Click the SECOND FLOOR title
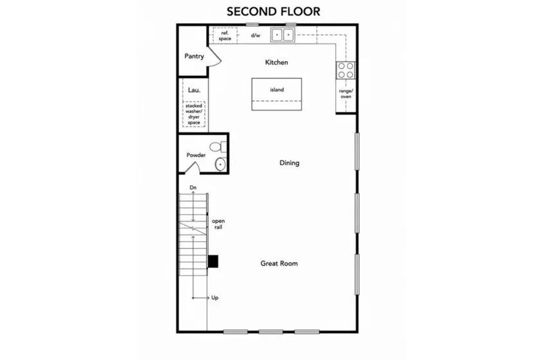[x=273, y=12]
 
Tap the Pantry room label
[x=194, y=56]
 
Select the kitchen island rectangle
[x=276, y=94]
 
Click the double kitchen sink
[x=282, y=35]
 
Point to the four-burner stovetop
[x=346, y=70]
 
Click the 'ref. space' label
[x=224, y=35]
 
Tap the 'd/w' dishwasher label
[x=255, y=35]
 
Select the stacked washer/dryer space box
[x=194, y=114]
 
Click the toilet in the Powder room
[x=219, y=147]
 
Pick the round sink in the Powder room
[x=220, y=164]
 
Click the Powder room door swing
[x=193, y=168]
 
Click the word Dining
[x=289, y=163]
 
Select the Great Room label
[x=279, y=264]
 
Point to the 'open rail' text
[x=218, y=224]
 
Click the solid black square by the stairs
[x=213, y=261]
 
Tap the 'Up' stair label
[x=215, y=298]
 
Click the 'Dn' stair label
[x=193, y=187]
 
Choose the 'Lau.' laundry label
[x=194, y=90]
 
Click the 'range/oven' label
[x=346, y=94]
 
